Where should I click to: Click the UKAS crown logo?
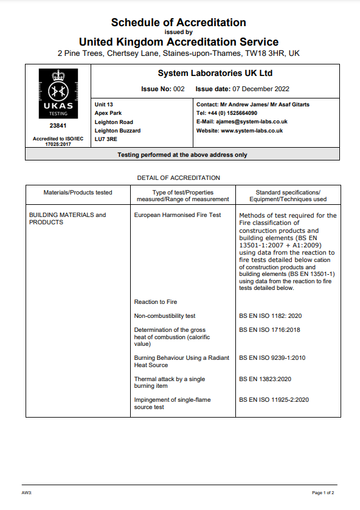[57, 91]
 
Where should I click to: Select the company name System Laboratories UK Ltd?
[215, 74]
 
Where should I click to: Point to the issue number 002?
[178, 89]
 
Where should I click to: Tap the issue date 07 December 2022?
[255, 89]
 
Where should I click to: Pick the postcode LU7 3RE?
[106, 139]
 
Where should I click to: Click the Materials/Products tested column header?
[78, 192]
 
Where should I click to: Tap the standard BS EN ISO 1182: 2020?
[270, 316]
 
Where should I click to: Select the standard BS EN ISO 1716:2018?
[269, 330]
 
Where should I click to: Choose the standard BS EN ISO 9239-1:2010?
[272, 358]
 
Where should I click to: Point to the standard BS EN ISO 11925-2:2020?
[274, 400]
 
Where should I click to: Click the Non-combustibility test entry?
[165, 316]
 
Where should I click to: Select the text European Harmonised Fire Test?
[178, 215]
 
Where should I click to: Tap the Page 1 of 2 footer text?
[323, 492]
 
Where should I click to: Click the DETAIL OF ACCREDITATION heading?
[179, 177]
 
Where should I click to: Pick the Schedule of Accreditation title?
[179, 22]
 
